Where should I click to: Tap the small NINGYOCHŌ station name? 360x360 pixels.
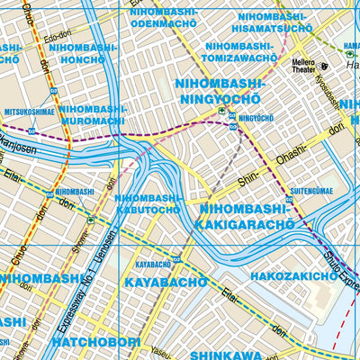pos(255,117)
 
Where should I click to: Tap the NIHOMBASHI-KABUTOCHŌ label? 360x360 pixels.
pos(149,204)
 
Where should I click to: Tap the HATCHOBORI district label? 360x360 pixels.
pos(92,343)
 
